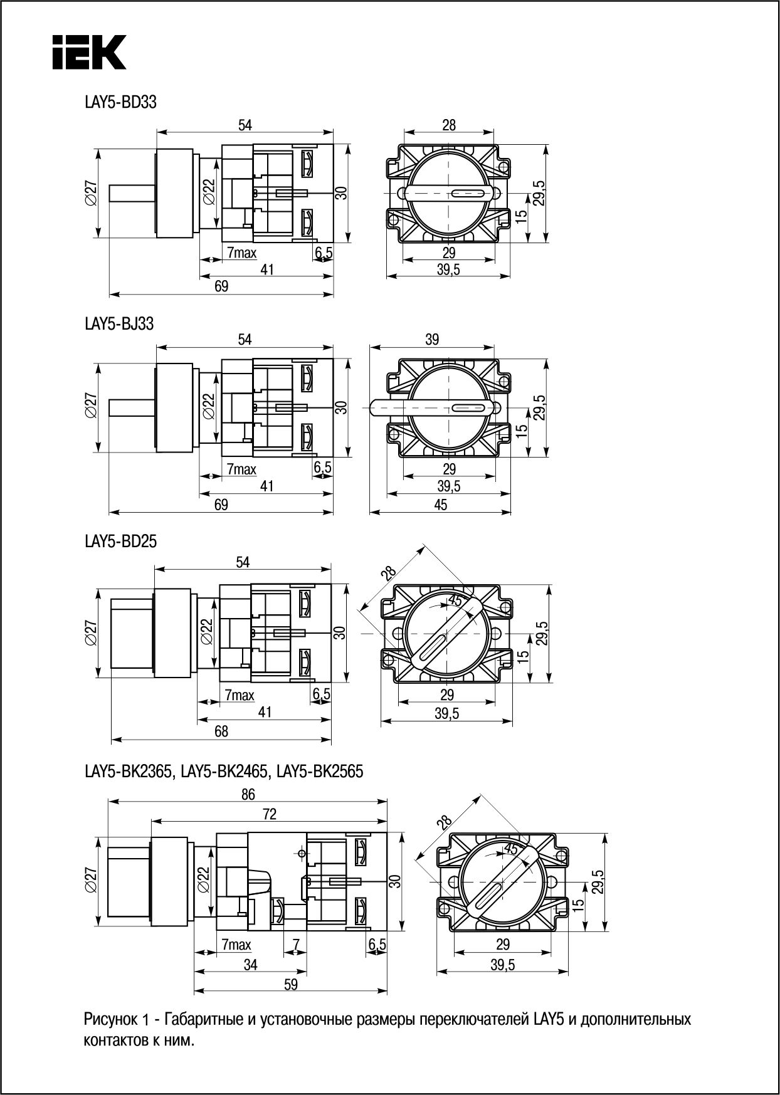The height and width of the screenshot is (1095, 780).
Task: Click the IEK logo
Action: coord(89,51)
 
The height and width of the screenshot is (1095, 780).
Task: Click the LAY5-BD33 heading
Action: coord(120,102)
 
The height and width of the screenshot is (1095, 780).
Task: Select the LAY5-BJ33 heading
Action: coord(119,324)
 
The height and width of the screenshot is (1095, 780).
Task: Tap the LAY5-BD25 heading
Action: coord(120,542)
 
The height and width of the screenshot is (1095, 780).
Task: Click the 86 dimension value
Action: coord(248,794)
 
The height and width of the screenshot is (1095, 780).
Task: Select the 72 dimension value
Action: coord(269,814)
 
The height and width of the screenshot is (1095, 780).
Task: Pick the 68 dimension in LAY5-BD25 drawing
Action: coord(221,731)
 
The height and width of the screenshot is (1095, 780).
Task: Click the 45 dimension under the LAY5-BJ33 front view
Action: coord(440,505)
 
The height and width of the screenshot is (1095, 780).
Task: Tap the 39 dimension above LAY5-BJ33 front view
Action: coord(432,339)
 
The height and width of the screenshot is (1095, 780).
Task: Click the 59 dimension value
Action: coord(290,985)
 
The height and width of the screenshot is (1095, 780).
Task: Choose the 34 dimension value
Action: coord(250,965)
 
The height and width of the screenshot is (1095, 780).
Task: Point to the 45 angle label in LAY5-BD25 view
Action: coord(456,601)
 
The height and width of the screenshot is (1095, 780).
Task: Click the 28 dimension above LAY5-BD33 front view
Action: coord(449,125)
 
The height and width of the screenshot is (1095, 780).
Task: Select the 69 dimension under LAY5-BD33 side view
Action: coord(221,286)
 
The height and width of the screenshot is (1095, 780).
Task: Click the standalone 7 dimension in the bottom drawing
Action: coord(296,944)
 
